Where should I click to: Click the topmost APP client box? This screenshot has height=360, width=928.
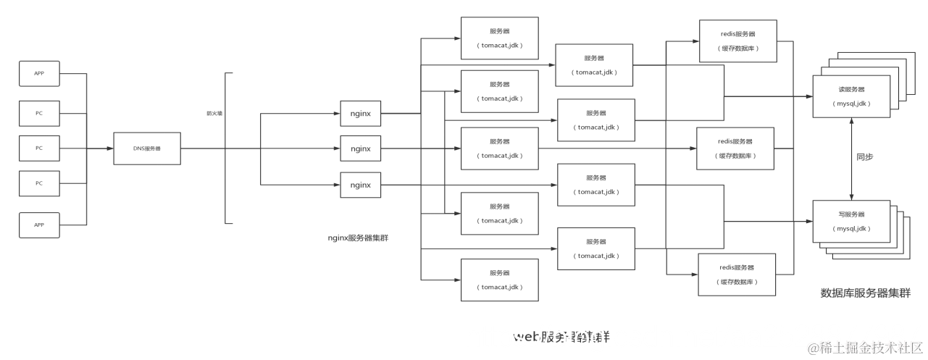39,73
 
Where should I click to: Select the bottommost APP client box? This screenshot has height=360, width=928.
39,225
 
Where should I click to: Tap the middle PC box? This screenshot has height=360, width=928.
39,148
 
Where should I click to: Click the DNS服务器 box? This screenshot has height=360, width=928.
146,148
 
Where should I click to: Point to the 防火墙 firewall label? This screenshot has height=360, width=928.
214,113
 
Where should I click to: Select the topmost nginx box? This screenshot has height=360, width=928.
360,113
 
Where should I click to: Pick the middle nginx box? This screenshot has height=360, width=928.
360,148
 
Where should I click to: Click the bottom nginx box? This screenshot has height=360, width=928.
360,185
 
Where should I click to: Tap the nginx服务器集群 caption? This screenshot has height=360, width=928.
357,238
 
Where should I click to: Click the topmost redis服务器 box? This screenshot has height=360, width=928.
738,41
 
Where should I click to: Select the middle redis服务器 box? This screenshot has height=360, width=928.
735,148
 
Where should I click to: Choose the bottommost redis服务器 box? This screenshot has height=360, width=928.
737,274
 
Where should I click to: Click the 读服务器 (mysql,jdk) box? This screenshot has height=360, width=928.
851,97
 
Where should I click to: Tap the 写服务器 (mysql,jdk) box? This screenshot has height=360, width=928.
851,222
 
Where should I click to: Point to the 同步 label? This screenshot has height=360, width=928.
865,156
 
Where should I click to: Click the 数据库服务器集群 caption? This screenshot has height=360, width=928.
865,293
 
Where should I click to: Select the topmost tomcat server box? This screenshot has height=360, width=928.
500,38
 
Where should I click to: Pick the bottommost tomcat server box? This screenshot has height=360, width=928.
500,280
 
